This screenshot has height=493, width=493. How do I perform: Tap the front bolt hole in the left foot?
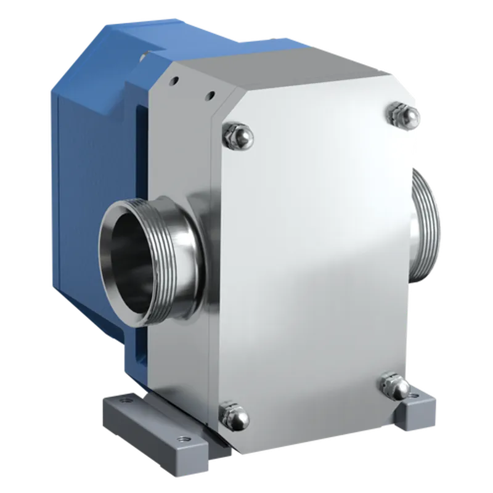coord(182,439)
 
